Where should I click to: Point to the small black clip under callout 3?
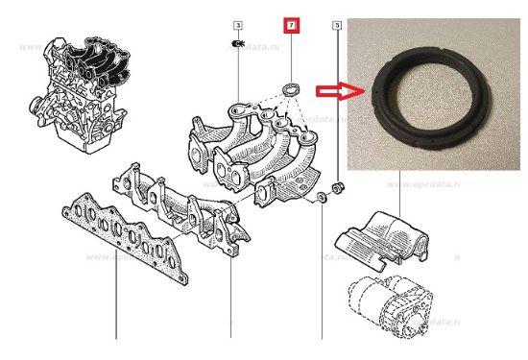[x=239, y=43]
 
